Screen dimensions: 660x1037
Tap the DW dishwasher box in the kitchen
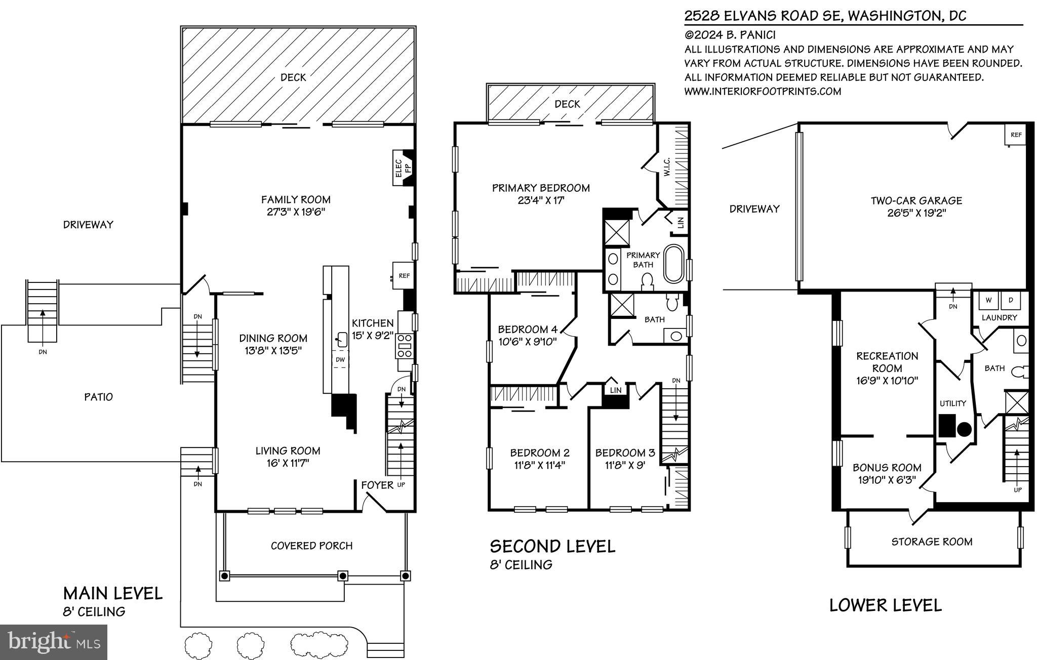tap(340, 360)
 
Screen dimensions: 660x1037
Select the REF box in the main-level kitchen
tap(404, 276)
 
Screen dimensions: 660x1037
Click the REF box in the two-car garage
tap(1016, 135)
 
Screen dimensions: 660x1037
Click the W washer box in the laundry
tap(988, 300)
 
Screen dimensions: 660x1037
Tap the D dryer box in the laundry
tap(1011, 300)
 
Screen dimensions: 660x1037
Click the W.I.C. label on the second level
tap(667, 168)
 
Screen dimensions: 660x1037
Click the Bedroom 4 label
tap(527, 329)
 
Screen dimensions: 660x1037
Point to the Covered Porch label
tap(311, 546)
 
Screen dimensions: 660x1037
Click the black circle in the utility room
tap(964, 429)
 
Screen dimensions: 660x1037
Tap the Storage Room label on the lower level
tap(932, 542)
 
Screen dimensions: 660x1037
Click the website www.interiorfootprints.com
tap(763, 92)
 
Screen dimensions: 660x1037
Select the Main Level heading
tap(112, 593)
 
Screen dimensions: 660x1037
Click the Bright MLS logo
tap(54, 642)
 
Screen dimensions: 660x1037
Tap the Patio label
tap(98, 397)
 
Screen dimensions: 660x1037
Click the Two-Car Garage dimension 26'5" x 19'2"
tap(916, 213)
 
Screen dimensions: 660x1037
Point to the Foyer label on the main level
tap(377, 485)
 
